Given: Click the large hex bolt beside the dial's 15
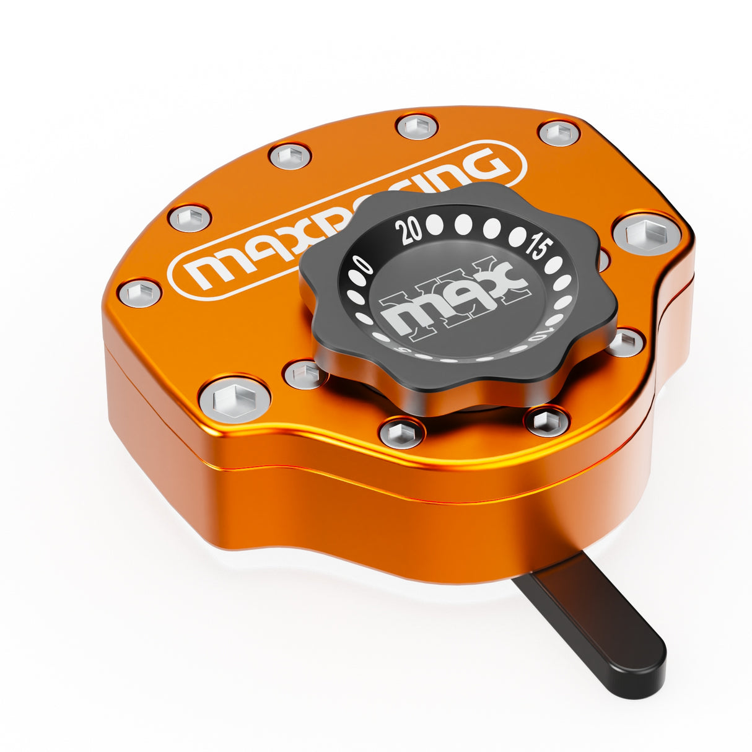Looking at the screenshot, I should (x=646, y=235).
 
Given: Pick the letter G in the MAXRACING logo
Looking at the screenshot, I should (x=484, y=165).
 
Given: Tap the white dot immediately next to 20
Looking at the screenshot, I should (x=435, y=225).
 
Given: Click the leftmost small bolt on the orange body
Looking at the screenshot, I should (x=139, y=292).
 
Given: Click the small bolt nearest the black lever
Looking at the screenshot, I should (x=546, y=421).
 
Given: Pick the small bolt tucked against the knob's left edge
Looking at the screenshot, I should (x=305, y=374).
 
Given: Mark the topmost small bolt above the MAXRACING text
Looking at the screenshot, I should (x=417, y=127).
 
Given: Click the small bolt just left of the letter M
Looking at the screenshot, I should (x=190, y=218).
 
